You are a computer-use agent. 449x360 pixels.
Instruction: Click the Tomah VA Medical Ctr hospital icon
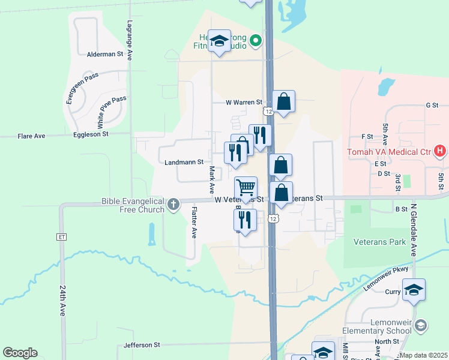(440, 151)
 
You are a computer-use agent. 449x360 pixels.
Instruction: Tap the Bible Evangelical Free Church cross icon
(173, 205)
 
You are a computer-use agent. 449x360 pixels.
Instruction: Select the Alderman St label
(105, 54)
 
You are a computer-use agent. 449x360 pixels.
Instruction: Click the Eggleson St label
(91, 134)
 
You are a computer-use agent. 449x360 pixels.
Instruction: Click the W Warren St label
(244, 103)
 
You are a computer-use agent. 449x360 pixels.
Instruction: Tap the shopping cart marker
(246, 188)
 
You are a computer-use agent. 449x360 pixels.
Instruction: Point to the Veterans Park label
(381, 242)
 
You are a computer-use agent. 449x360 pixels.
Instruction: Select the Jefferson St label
(142, 345)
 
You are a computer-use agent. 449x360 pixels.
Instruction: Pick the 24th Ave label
(62, 300)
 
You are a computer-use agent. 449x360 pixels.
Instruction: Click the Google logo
(20, 353)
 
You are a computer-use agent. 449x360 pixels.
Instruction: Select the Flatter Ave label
(194, 223)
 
